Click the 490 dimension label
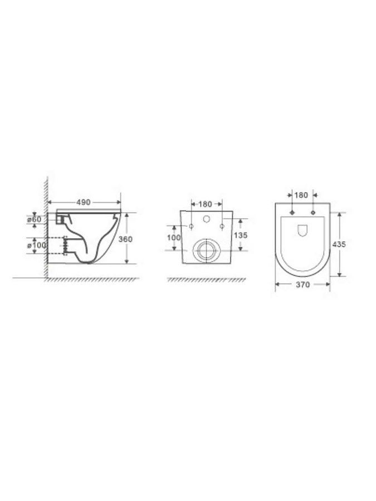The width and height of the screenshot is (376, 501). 84,202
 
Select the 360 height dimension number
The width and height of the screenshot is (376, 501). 125,239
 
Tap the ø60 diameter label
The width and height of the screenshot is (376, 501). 34,219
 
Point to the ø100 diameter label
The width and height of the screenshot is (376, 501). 36,245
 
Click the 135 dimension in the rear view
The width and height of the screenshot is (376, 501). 241,235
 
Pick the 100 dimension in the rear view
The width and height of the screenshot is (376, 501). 174,238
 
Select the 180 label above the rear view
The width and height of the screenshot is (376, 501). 205,204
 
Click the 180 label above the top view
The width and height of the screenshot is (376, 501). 301,195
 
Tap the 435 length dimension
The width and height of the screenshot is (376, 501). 339,244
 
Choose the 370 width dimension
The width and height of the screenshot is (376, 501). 303,284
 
